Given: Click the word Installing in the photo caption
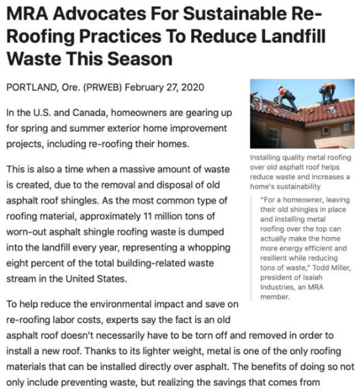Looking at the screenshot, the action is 267,158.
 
